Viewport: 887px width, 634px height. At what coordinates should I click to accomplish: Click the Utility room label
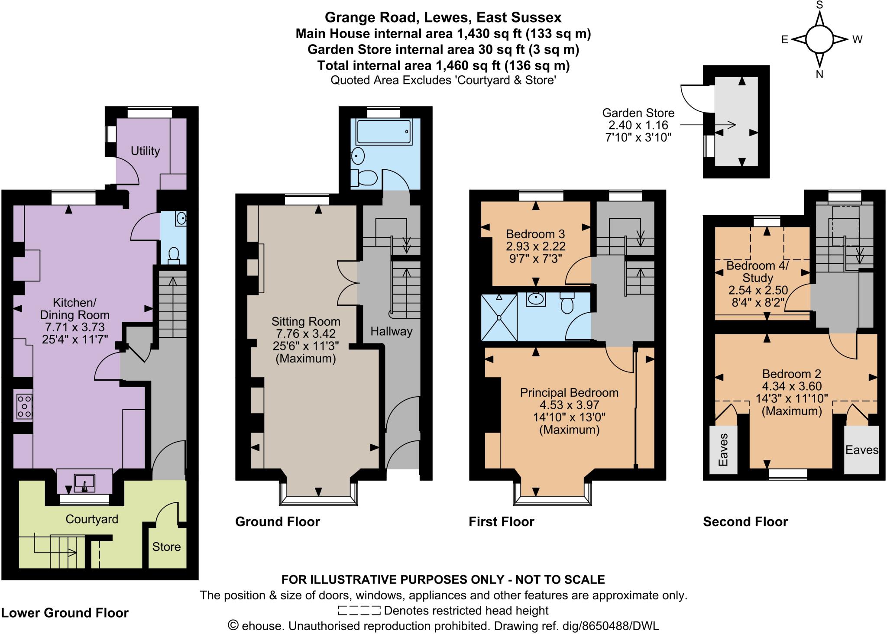(145, 151)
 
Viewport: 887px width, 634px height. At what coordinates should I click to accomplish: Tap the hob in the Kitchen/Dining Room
(24, 406)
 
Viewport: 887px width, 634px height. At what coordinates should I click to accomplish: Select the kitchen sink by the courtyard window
(84, 482)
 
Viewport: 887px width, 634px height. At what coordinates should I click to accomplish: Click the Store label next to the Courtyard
(166, 547)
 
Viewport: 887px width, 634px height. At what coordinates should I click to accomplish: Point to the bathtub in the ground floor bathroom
(383, 132)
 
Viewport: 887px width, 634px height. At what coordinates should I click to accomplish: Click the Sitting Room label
(306, 322)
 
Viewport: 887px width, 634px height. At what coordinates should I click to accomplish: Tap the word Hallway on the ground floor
(391, 332)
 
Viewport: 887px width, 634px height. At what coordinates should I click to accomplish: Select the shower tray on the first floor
(499, 317)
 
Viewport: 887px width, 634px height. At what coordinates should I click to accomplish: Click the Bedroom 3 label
(535, 234)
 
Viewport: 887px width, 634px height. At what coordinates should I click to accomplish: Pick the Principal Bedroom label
(569, 393)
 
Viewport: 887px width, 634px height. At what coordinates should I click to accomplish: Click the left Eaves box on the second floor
(723, 450)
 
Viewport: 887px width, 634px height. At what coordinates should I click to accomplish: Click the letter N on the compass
(819, 74)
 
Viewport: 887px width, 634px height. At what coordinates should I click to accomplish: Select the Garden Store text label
(638, 113)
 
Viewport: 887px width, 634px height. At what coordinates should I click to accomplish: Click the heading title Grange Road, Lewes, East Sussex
(443, 17)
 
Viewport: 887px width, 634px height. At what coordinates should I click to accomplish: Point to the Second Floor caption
(745, 522)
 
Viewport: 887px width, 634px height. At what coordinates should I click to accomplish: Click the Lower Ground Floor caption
(65, 613)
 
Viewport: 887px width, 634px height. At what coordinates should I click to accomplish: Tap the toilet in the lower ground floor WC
(174, 255)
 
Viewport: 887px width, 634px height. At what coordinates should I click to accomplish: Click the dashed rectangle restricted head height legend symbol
(359, 611)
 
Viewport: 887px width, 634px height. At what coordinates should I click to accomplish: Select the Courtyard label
(92, 519)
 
